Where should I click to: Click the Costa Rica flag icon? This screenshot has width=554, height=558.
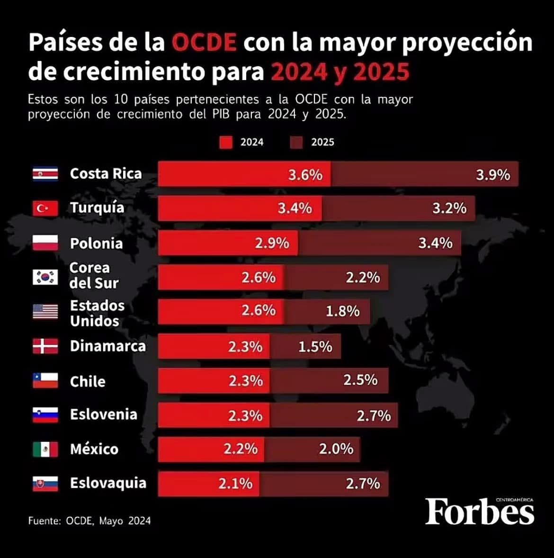45,174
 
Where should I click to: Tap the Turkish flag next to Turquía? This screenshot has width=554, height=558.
45,208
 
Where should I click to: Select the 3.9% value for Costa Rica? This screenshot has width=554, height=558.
493,174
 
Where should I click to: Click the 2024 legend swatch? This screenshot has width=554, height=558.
226,142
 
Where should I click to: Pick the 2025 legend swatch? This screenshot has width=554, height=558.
296,142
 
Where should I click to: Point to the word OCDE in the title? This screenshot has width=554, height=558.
204,43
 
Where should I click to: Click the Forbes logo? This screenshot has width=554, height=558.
479,512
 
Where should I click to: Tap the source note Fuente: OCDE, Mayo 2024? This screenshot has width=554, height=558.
89,521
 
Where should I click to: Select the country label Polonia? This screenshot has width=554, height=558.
96,243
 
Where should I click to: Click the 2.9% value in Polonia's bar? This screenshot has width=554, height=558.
272,243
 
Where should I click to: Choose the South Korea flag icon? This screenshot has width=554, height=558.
45,277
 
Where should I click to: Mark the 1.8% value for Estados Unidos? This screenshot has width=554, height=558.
342,311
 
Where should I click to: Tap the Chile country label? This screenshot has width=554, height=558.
88,381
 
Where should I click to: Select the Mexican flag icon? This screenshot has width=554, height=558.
45,449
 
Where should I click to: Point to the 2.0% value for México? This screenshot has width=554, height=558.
336,449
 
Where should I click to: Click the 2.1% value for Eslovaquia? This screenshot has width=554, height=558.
235,484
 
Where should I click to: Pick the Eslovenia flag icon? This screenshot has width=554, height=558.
45,415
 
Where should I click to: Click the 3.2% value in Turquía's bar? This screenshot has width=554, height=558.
449,208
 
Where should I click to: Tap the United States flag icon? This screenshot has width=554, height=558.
45,312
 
